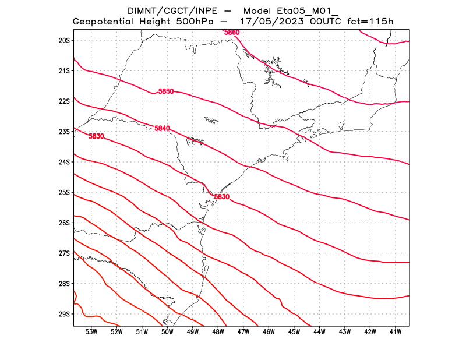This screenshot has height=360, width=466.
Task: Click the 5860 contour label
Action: (232, 32)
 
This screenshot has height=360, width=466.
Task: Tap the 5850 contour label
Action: (166, 91)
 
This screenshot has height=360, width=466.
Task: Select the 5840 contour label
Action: (163, 128)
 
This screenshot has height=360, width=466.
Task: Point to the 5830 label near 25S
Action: (222, 197)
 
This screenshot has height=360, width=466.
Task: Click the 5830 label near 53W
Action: (96, 136)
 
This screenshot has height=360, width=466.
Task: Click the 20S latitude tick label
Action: (64, 40)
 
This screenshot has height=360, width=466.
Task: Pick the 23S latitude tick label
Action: (64, 132)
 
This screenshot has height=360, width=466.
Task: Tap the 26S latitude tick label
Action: (64, 223)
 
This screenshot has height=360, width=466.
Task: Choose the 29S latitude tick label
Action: (64, 314)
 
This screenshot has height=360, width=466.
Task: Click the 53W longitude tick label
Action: (91, 332)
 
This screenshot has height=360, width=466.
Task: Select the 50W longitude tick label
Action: (167, 332)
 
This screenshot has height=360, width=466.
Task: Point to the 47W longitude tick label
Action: (243, 332)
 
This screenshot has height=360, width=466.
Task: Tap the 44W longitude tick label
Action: (319, 332)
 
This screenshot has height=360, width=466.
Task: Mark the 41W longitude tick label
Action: (395, 332)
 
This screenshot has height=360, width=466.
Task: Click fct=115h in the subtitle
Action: (370, 22)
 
